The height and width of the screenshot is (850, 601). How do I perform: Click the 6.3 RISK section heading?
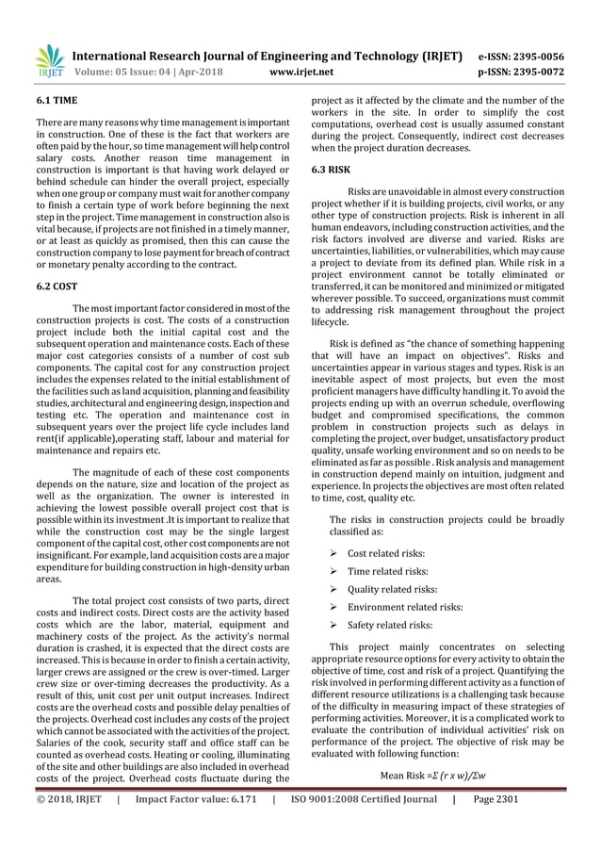pos(331,171)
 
